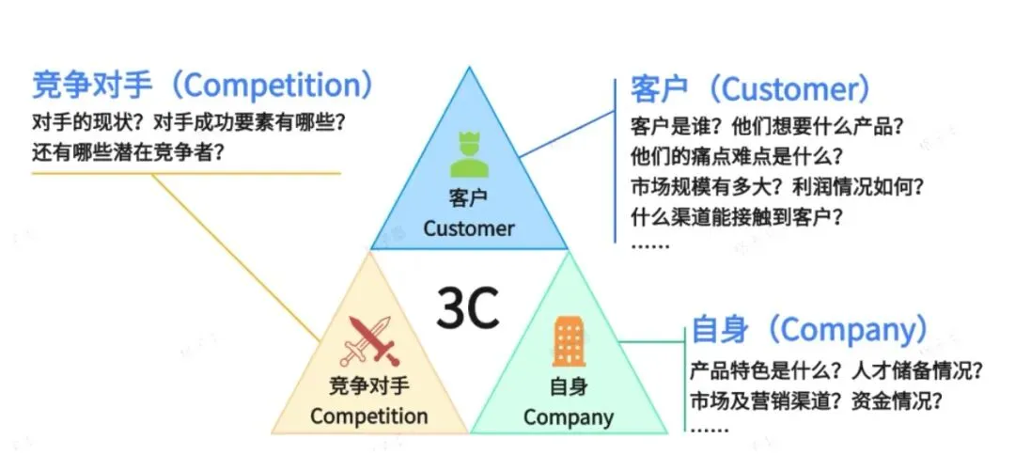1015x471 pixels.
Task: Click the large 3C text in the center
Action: pos(467,307)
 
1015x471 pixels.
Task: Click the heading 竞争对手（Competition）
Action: pos(202,86)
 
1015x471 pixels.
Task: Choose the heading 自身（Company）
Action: pos(808,330)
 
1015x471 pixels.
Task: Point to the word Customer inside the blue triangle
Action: pos(468,228)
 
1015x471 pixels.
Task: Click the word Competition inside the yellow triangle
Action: pos(368,416)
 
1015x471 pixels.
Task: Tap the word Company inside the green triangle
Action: pos(568,416)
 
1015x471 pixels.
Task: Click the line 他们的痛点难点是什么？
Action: pos(736,155)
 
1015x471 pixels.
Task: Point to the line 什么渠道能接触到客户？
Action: pos(736,216)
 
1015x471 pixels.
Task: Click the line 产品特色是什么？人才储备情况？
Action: pos(836,369)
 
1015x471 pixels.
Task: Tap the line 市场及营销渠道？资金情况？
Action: pos(817,400)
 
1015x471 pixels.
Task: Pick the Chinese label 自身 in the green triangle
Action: pos(568,386)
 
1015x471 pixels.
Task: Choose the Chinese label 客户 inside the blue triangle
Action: pos(468,198)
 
